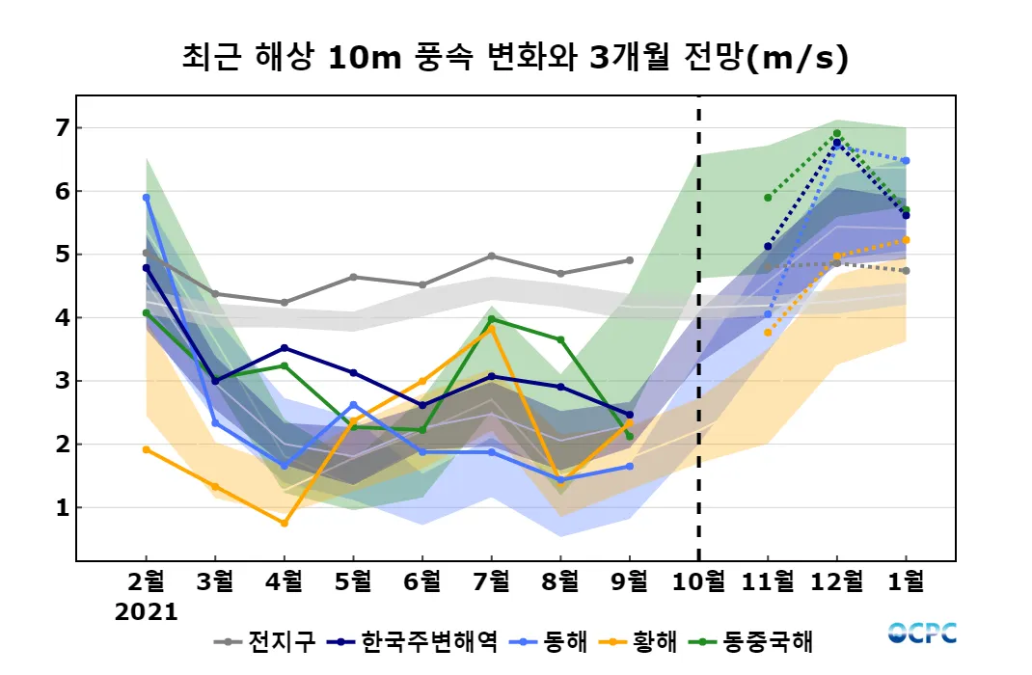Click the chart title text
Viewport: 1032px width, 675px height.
[515, 58]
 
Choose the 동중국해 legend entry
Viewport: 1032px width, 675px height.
[762, 641]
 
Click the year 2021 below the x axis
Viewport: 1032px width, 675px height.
[147, 612]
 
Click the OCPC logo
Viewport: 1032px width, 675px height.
[922, 633]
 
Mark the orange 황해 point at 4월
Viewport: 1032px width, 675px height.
[284, 523]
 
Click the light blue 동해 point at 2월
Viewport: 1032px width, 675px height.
[147, 198]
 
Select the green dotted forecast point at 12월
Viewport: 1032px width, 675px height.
[836, 134]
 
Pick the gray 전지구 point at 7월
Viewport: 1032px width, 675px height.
[492, 256]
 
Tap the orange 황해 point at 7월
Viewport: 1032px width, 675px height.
[492, 329]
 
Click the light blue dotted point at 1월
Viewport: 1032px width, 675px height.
[906, 161]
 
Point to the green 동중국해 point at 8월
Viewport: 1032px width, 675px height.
[560, 339]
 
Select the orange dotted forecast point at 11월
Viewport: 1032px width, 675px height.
[768, 333]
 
